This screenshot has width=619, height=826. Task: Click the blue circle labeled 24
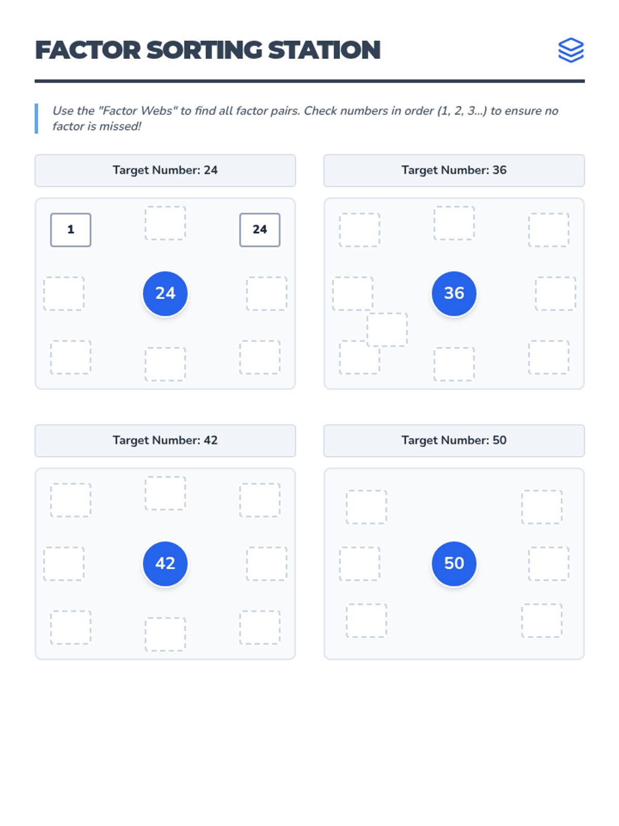pyautogui.click(x=165, y=293)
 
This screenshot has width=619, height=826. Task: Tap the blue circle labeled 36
pyautogui.click(x=453, y=293)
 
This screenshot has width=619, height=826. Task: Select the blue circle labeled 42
pyautogui.click(x=165, y=563)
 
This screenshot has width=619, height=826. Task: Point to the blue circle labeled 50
pyautogui.click(x=453, y=563)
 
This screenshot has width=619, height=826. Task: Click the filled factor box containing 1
pyautogui.click(x=71, y=230)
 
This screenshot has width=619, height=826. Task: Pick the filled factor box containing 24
pyautogui.click(x=259, y=230)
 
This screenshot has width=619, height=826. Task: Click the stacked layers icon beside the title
pyautogui.click(x=571, y=50)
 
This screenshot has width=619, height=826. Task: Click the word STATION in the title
pyautogui.click(x=324, y=50)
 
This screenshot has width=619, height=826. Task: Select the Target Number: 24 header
pyautogui.click(x=165, y=170)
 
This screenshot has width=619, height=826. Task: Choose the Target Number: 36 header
pyautogui.click(x=453, y=170)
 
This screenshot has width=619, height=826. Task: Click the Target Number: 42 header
pyautogui.click(x=165, y=440)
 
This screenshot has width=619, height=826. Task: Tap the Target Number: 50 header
pyautogui.click(x=453, y=440)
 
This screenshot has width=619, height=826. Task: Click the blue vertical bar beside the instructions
pyautogui.click(x=36, y=118)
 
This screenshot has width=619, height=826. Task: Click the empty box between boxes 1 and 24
pyautogui.click(x=165, y=223)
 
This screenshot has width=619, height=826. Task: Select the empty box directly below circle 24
pyautogui.click(x=165, y=364)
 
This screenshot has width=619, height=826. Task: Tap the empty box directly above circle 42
pyautogui.click(x=165, y=493)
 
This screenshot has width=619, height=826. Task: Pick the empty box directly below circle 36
pyautogui.click(x=453, y=364)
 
